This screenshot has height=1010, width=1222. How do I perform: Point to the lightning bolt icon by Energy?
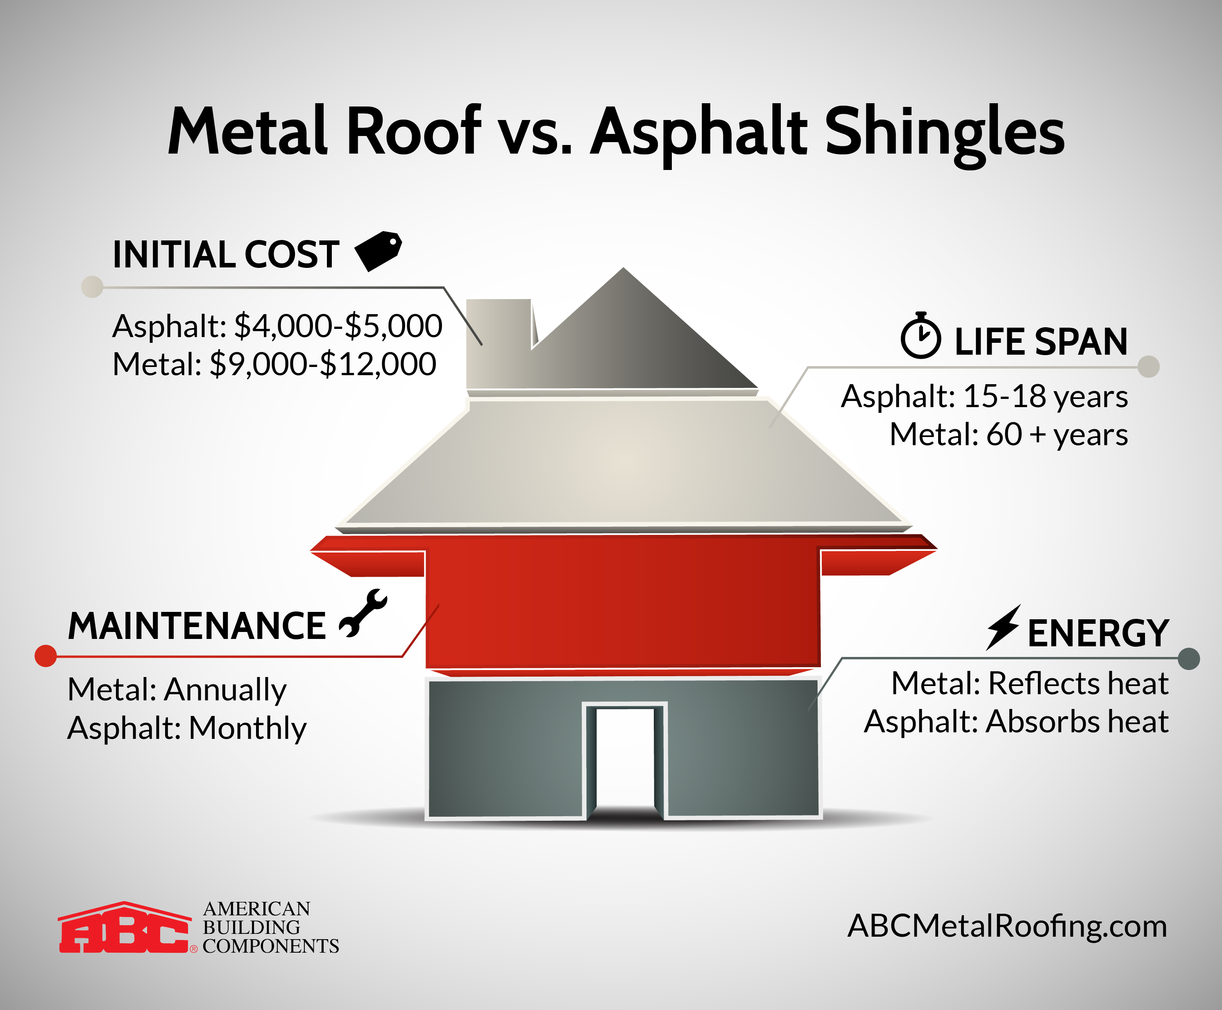click(x=1002, y=627)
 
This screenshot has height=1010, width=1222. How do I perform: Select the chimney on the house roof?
click(x=498, y=343)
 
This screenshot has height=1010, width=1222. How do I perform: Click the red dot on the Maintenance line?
click(x=46, y=656)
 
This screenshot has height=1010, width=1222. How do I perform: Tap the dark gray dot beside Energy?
click(x=1189, y=659)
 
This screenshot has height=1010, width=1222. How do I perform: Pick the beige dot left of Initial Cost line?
click(x=92, y=287)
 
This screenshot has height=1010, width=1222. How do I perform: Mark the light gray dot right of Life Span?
click(x=1149, y=367)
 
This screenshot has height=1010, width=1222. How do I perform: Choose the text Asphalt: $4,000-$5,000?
click(x=277, y=326)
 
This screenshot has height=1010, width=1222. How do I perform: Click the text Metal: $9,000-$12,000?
click(x=274, y=364)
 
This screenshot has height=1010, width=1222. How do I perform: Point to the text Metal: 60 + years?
click(x=1009, y=435)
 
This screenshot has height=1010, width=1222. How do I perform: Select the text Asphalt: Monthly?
click(x=187, y=728)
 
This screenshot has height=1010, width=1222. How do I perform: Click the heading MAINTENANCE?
click(x=197, y=627)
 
